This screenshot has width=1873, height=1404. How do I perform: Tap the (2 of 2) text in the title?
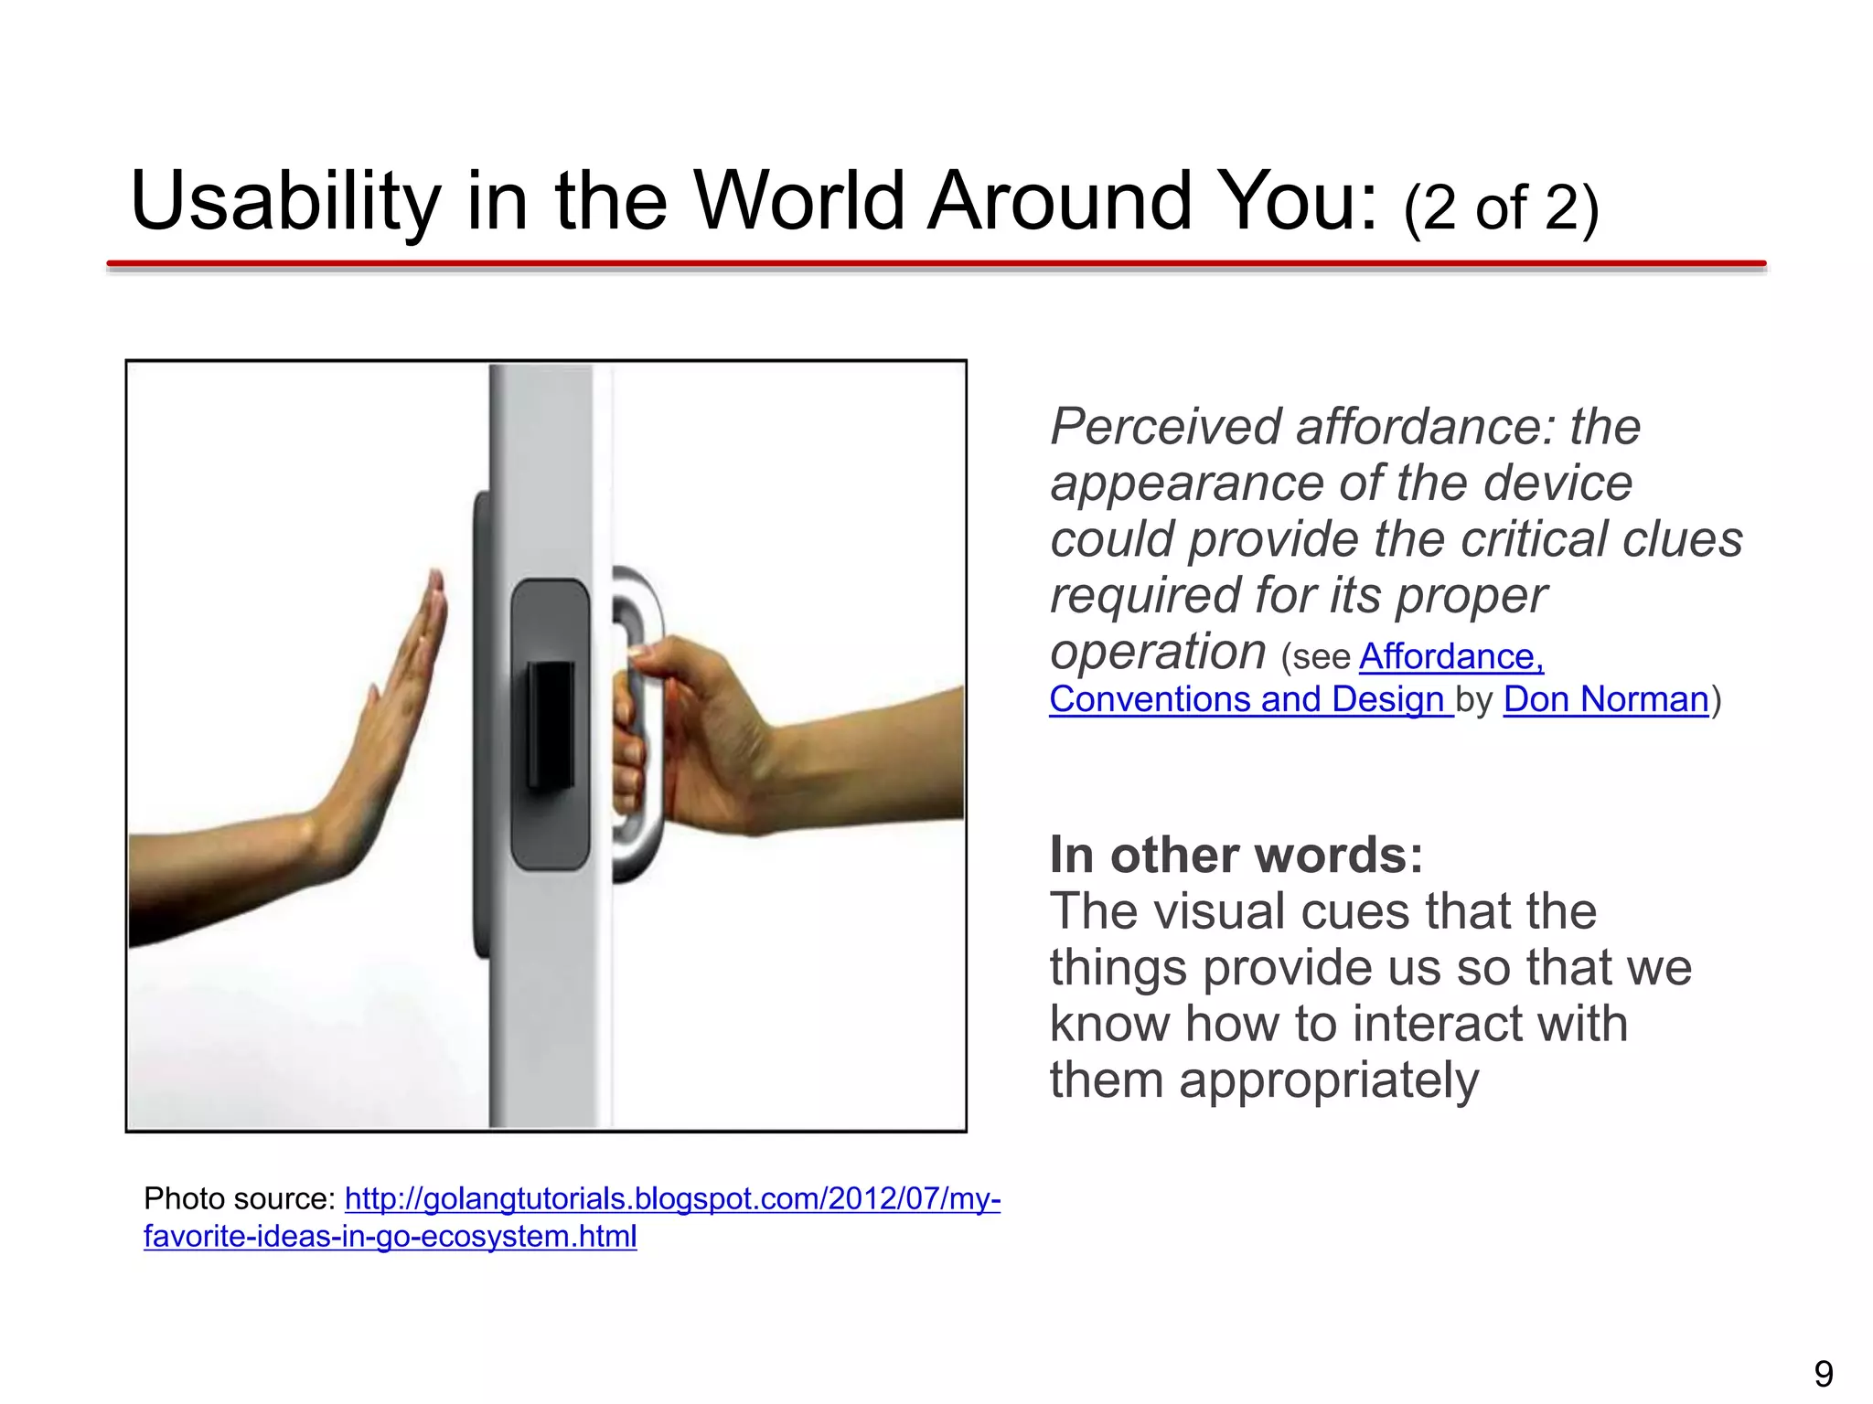(1501, 208)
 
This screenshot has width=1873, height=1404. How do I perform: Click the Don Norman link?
(1605, 700)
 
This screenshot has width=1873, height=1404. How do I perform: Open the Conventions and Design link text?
(1249, 700)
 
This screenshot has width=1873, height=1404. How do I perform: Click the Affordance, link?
(1450, 657)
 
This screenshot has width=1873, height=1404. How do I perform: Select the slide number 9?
(1823, 1374)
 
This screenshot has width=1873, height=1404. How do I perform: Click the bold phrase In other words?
(1236, 856)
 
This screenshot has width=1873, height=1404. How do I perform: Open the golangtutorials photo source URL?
(672, 1198)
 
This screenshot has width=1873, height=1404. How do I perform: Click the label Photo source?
(240, 1198)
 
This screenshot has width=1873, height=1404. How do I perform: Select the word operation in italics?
(1157, 653)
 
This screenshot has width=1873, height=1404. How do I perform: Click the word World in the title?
(799, 203)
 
